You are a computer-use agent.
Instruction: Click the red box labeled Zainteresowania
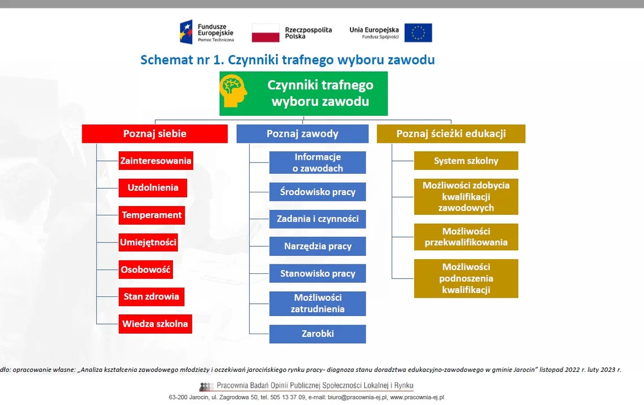point(156,161)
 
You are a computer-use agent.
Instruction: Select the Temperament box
point(152,215)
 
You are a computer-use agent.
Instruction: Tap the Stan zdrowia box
point(151,297)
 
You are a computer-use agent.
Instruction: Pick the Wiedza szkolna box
point(156,324)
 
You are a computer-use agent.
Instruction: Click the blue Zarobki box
point(317,334)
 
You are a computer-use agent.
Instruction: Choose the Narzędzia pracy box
point(317,246)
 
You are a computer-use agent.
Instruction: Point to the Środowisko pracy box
point(317,192)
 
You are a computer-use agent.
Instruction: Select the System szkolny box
point(466,161)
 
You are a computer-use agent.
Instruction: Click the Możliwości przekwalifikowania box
point(466,237)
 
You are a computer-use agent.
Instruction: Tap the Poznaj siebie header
point(155,134)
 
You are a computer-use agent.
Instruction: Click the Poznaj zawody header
point(303,134)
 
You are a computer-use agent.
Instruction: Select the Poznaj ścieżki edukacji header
point(451,134)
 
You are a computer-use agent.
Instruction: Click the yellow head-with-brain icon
point(233,91)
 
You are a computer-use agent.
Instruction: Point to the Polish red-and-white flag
point(265,33)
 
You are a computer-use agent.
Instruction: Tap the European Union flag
point(418,33)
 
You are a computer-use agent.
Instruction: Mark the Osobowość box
point(146,270)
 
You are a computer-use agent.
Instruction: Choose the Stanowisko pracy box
point(317,273)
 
